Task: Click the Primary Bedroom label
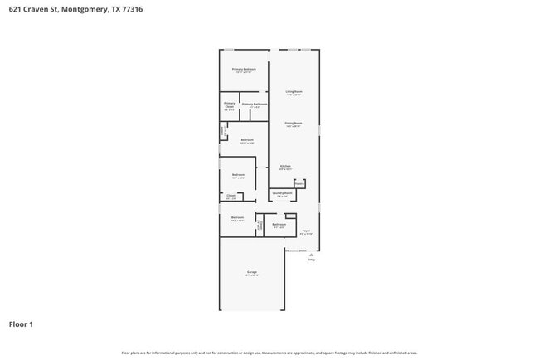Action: point(244,69)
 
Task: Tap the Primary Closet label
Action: point(230,105)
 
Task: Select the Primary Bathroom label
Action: point(255,105)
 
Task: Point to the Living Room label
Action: point(294,91)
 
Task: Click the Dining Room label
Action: point(294,124)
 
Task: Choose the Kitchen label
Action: point(285,166)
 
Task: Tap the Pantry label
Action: point(299,183)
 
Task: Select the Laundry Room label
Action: point(283,193)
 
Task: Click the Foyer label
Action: point(305,231)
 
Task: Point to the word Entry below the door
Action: point(312,260)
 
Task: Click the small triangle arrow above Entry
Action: point(312,253)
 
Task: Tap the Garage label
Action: point(251,272)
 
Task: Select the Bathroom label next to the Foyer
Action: point(279,224)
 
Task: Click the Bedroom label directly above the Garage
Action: point(237,217)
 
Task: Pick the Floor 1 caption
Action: point(21,324)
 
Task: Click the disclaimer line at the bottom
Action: point(269,353)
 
